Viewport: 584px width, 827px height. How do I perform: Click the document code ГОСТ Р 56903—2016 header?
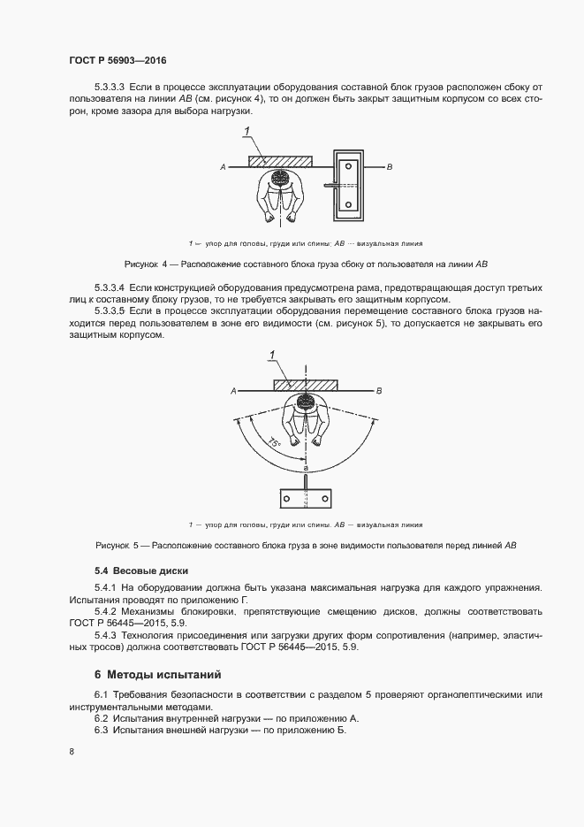(x=118, y=61)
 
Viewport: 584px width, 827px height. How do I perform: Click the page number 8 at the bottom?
(x=72, y=752)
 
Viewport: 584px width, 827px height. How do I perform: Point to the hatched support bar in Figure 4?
(x=281, y=161)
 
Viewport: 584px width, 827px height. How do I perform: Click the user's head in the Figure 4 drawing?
(x=281, y=180)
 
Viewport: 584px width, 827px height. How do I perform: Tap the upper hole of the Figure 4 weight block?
(x=349, y=165)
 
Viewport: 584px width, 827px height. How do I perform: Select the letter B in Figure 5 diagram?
(x=379, y=389)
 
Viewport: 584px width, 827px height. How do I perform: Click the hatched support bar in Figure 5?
(x=306, y=384)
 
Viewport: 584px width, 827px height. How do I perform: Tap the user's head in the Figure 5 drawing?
(x=306, y=403)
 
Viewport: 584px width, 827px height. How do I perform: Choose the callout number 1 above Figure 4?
(x=248, y=131)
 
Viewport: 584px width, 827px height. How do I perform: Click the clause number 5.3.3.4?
(x=110, y=289)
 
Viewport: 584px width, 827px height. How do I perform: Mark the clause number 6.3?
(x=100, y=731)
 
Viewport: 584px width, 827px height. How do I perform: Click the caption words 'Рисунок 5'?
(x=115, y=546)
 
